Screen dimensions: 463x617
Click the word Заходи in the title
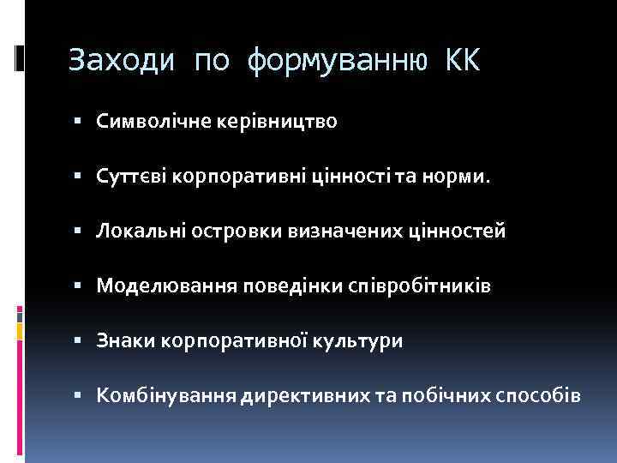[x=122, y=61]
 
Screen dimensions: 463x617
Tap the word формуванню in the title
[x=335, y=61]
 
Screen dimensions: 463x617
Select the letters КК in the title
[x=463, y=61]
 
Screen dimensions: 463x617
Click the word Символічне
[x=146, y=122]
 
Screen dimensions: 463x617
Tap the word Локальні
[x=135, y=231]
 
